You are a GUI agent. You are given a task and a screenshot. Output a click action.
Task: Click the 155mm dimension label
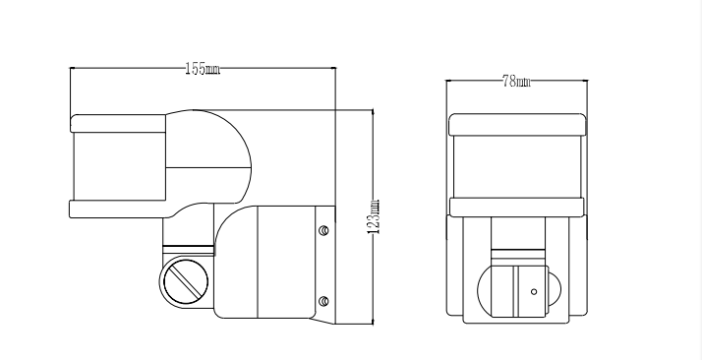203,69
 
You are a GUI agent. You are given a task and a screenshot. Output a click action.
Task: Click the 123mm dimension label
374,216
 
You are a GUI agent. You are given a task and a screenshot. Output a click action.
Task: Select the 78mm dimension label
516,81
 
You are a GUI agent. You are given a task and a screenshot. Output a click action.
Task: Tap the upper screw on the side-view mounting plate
323,230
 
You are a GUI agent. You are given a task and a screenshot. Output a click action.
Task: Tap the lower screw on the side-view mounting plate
323,301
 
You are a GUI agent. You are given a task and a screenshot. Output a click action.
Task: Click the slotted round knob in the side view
186,282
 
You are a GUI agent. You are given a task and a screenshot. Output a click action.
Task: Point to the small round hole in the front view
534,292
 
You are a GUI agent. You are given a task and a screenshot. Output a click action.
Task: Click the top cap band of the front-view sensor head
517,124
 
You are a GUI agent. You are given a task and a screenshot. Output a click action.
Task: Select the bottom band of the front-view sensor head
516,208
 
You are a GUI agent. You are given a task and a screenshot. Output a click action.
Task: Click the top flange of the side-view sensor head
118,124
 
